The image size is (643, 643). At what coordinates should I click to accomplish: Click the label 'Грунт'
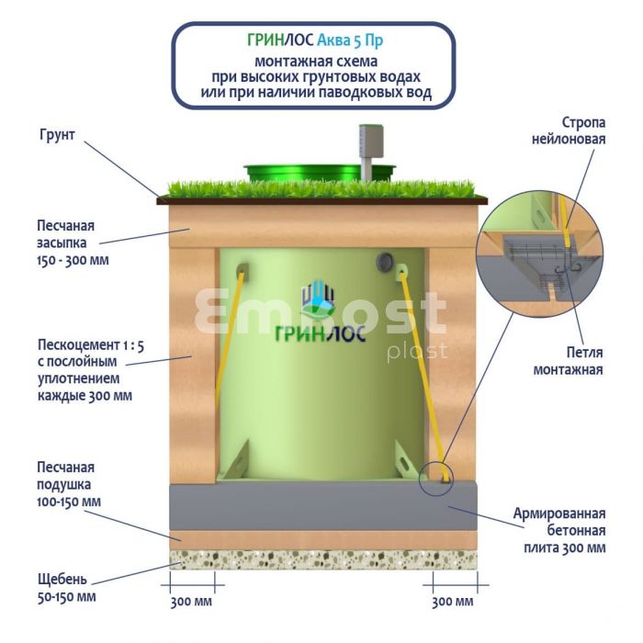coord(57,134)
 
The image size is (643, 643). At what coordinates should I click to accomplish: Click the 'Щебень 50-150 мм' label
coord(63,588)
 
